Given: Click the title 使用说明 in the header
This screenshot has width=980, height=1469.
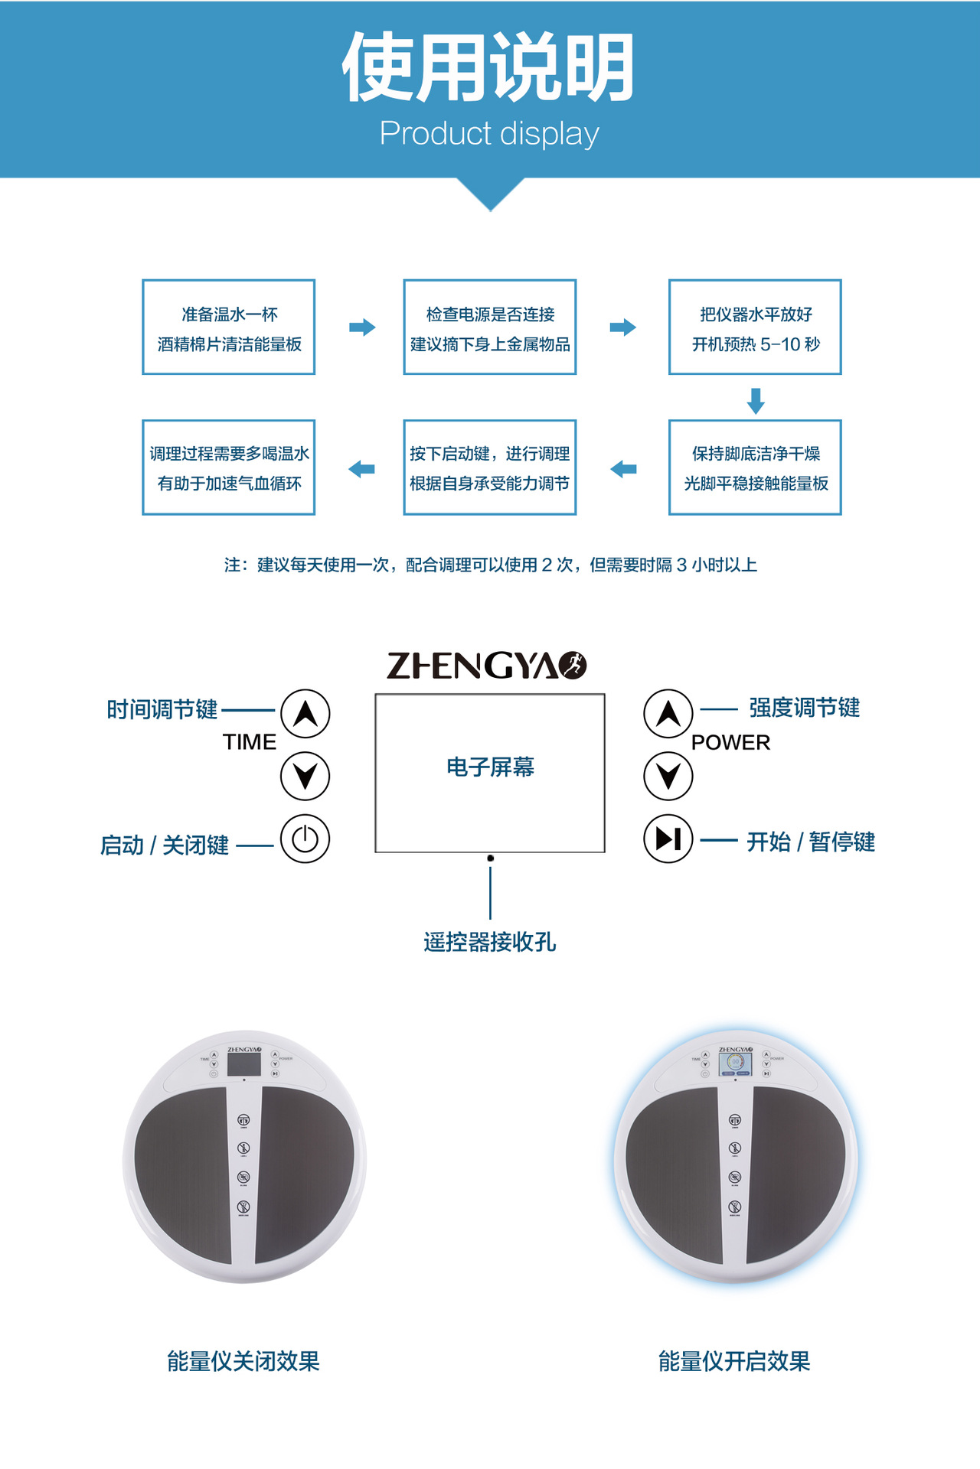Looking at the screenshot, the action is pyautogui.click(x=488, y=67).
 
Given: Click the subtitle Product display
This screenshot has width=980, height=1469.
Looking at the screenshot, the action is pyautogui.click(x=489, y=134).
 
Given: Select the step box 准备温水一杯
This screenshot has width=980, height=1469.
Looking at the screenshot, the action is pyautogui.click(x=229, y=327).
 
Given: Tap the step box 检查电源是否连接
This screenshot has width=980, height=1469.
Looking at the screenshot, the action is pyautogui.click(x=490, y=327).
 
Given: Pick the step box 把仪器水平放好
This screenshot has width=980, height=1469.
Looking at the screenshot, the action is pyautogui.click(x=755, y=327).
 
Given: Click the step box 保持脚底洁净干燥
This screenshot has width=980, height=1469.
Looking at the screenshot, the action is pyautogui.click(x=755, y=467).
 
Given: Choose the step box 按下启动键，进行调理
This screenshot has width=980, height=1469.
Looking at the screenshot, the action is pyautogui.click(x=490, y=467).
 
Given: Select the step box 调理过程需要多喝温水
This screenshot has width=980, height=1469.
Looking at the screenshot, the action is pyautogui.click(x=229, y=467).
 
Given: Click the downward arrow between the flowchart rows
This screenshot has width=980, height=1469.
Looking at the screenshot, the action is pyautogui.click(x=756, y=400).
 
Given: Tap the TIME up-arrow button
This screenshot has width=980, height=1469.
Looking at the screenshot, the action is pyautogui.click(x=305, y=714).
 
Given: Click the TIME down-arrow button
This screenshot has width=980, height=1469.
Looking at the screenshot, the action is pyautogui.click(x=305, y=776).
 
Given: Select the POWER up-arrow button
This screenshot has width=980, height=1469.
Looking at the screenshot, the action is pyautogui.click(x=668, y=714).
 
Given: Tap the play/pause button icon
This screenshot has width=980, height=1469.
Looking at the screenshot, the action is pyautogui.click(x=668, y=839).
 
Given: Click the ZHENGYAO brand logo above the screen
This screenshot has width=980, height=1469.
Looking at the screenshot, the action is pyautogui.click(x=487, y=666).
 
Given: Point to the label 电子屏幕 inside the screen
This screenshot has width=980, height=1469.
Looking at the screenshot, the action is pyautogui.click(x=490, y=767).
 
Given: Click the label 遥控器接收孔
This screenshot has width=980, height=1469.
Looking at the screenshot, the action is pyautogui.click(x=490, y=942).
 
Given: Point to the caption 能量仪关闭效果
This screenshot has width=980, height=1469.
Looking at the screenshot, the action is pyautogui.click(x=243, y=1361).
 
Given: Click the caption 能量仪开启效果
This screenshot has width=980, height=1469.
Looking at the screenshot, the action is pyautogui.click(x=734, y=1361).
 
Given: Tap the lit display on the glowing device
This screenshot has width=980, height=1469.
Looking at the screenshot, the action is pyautogui.click(x=735, y=1063).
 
